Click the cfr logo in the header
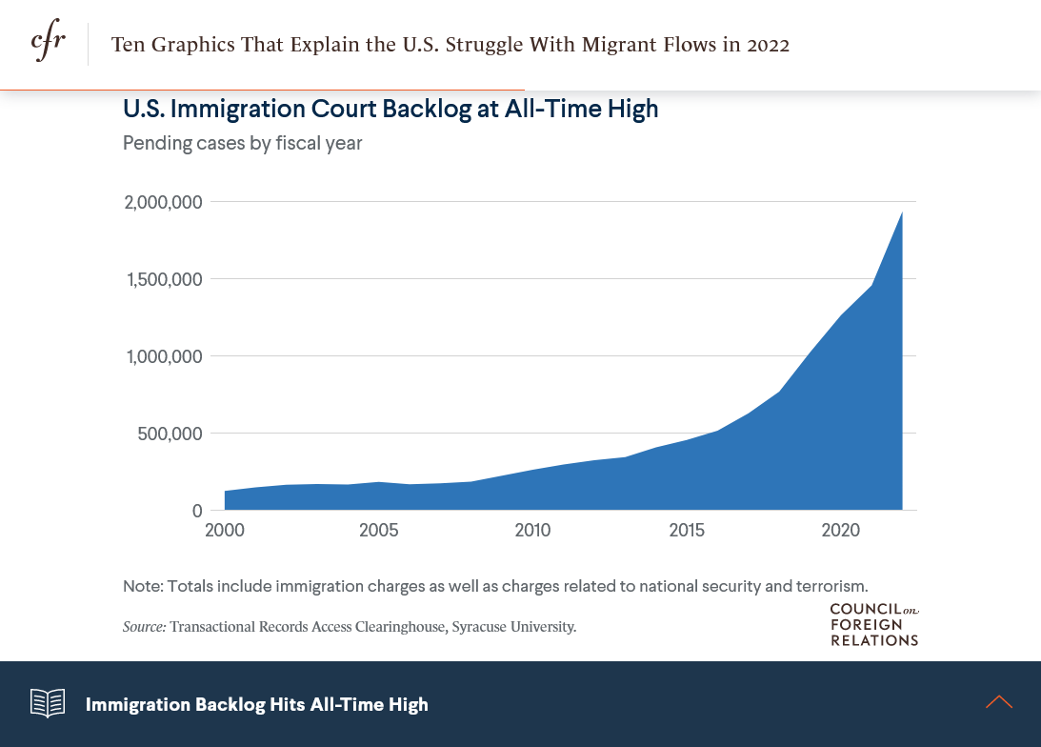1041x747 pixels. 48,44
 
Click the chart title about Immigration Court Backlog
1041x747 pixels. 390,110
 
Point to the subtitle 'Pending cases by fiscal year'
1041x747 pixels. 242,144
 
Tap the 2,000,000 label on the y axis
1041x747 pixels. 163,202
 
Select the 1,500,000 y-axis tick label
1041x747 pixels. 164,279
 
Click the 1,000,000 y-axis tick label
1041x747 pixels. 164,356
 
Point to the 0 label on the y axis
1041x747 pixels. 197,511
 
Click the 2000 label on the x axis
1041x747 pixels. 225,530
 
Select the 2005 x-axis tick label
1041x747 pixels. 378,530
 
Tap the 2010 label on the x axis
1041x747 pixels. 532,530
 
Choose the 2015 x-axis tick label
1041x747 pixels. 687,530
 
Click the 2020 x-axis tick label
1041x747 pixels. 841,530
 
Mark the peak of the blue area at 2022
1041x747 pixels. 901,213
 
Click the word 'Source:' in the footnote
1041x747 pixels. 145,627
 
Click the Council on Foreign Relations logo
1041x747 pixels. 873,625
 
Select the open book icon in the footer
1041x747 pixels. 48,703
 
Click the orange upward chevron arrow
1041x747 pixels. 999,702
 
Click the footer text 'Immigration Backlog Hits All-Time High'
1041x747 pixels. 257,704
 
